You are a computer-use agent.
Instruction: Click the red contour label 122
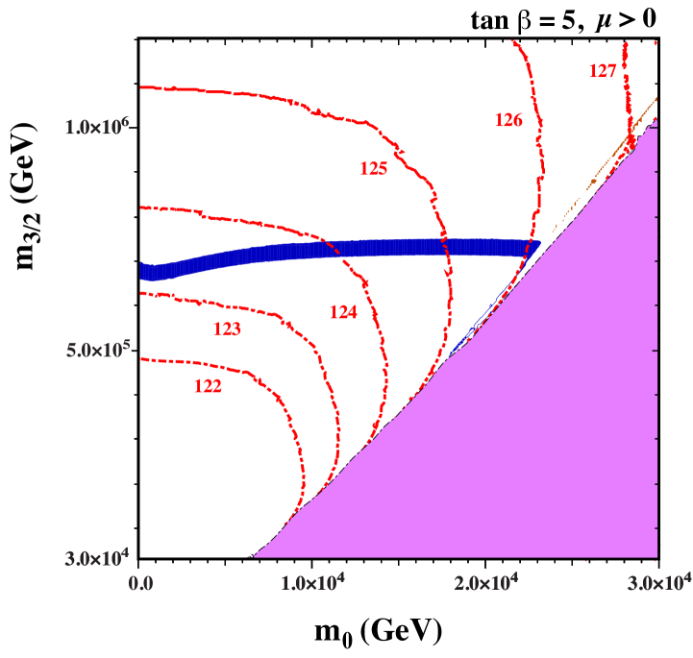point(208,387)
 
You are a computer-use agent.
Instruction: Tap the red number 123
point(227,329)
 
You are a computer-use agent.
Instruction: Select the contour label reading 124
point(343,312)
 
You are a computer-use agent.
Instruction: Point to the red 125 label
point(374,169)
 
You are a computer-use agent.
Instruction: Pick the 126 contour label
point(508,120)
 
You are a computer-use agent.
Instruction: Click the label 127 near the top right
point(603,71)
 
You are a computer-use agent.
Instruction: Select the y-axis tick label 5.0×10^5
point(97,351)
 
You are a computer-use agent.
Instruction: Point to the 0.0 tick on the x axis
point(142,583)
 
